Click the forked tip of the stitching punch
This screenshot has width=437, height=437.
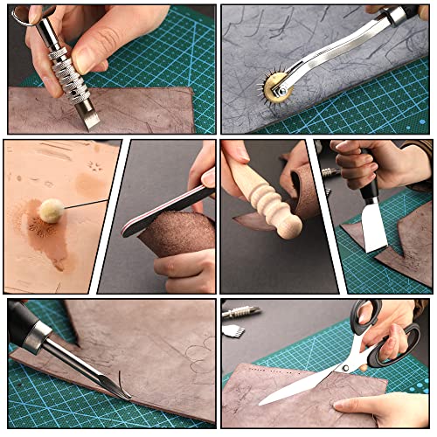(90, 117)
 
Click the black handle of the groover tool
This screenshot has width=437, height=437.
(24, 323)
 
